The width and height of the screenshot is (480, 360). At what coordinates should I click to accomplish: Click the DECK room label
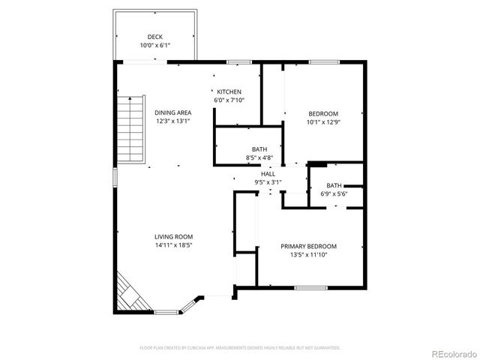pos(155,37)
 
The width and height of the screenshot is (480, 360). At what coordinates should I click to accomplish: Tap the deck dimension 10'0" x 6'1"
pos(155,46)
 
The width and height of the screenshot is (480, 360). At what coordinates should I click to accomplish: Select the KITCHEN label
pos(229,91)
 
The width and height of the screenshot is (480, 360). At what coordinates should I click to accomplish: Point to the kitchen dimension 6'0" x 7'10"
pos(229,100)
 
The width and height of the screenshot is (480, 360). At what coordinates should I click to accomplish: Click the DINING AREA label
pos(173,112)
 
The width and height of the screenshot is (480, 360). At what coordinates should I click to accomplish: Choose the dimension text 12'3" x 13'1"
pos(173,121)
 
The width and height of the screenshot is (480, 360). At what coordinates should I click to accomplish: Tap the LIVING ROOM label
pos(174,236)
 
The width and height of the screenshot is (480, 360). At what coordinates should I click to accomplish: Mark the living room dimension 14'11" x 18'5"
pos(174,245)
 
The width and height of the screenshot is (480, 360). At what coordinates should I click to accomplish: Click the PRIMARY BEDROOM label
pos(308,246)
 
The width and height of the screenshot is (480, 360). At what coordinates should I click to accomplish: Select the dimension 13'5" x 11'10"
pos(308,255)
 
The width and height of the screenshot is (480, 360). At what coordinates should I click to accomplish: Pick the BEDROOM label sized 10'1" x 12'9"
pos(322,113)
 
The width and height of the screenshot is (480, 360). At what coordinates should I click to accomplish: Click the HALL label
pos(268,173)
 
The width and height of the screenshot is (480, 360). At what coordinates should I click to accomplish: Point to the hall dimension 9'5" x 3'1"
pos(268,181)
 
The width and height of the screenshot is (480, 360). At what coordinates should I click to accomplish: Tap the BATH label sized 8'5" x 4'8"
pos(259,149)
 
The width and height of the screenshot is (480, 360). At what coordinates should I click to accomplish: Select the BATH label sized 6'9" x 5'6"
pos(334,185)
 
